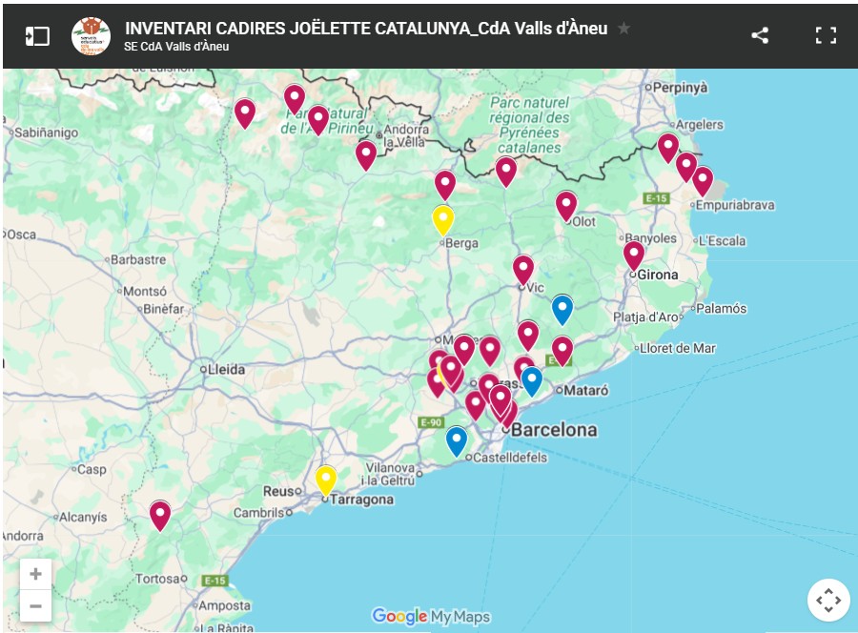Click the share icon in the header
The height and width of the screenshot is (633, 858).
pyautogui.click(x=760, y=36)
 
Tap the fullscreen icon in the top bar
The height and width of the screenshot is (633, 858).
pyautogui.click(x=826, y=36)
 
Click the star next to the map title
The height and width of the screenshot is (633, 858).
pyautogui.click(x=624, y=29)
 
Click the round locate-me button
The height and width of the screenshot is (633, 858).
pyautogui.click(x=827, y=601)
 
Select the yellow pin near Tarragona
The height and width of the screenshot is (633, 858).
pyautogui.click(x=326, y=479)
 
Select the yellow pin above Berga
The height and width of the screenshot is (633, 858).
pyautogui.click(x=442, y=219)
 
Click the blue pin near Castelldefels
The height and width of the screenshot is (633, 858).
pyautogui.click(x=457, y=440)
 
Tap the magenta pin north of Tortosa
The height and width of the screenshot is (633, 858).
pyautogui.click(x=160, y=515)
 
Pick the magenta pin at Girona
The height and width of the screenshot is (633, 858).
pyautogui.click(x=634, y=255)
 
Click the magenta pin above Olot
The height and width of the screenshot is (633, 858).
pyautogui.click(x=566, y=205)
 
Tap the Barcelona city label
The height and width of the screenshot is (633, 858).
pyautogui.click(x=554, y=430)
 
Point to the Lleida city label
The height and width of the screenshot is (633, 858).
pyautogui.click(x=227, y=369)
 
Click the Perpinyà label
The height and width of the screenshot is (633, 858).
pyautogui.click(x=680, y=88)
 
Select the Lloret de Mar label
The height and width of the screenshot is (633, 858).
pyautogui.click(x=679, y=348)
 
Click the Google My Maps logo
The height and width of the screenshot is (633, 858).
pyautogui.click(x=430, y=617)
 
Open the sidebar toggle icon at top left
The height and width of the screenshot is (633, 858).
pyautogui.click(x=37, y=36)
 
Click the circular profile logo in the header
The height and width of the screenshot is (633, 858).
pyautogui.click(x=91, y=36)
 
